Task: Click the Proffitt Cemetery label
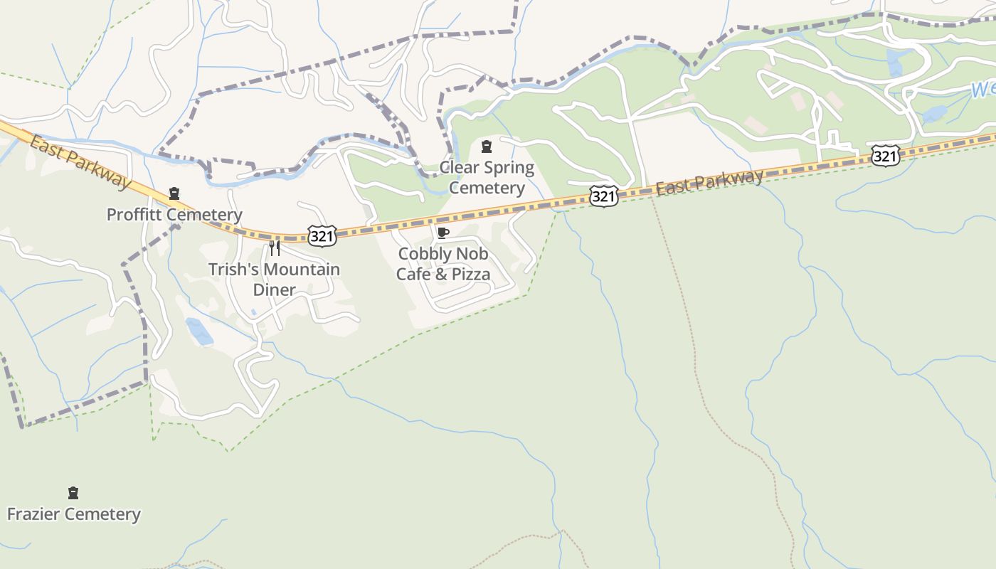pyautogui.click(x=174, y=215)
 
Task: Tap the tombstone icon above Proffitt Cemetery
pyautogui.click(x=174, y=193)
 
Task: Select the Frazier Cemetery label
pyautogui.click(x=73, y=514)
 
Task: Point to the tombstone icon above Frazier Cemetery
pyautogui.click(x=73, y=493)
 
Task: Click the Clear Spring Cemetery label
pyautogui.click(x=487, y=178)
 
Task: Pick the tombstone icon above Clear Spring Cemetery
pyautogui.click(x=487, y=147)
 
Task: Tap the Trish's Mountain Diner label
pyautogui.click(x=274, y=280)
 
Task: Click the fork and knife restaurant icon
pyautogui.click(x=275, y=248)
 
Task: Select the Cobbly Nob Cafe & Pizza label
pyautogui.click(x=443, y=264)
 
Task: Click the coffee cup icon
pyautogui.click(x=443, y=233)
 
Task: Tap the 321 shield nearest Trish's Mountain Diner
pyautogui.click(x=322, y=236)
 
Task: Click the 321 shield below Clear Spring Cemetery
pyautogui.click(x=603, y=196)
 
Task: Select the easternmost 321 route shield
pyautogui.click(x=885, y=156)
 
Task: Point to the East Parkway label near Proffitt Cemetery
pyautogui.click(x=80, y=161)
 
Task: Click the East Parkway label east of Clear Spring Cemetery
pyautogui.click(x=709, y=182)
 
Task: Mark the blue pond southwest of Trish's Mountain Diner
pyautogui.click(x=199, y=331)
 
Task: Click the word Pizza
pyautogui.click(x=470, y=275)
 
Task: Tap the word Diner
pyautogui.click(x=274, y=290)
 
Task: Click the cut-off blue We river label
pyautogui.click(x=982, y=90)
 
